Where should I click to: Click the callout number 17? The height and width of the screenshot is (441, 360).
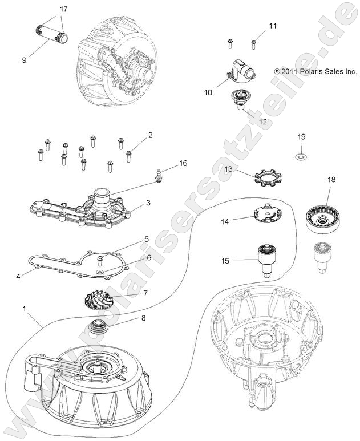coord(63,9)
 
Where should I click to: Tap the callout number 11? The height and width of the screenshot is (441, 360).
coord(272,26)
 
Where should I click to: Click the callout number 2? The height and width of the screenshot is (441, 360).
coord(150,135)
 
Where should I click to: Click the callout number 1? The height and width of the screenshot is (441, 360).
coord(24,309)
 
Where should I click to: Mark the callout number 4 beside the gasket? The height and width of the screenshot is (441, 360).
coord(19,277)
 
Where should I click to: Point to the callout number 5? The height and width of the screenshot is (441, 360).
coord(147,239)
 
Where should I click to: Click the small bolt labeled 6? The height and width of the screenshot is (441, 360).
coord(100,262)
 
